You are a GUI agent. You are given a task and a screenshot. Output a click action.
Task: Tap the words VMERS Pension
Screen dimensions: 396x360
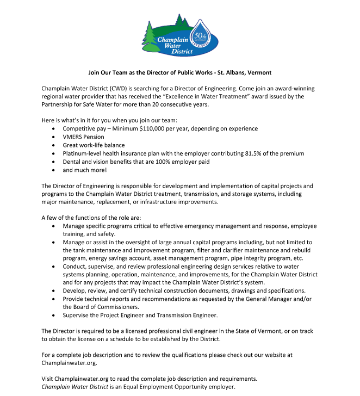[84, 137]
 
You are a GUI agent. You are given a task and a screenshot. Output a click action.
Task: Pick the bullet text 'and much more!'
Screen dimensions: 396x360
[84, 170]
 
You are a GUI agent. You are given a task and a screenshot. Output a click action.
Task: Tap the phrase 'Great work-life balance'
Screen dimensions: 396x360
[94, 145]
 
